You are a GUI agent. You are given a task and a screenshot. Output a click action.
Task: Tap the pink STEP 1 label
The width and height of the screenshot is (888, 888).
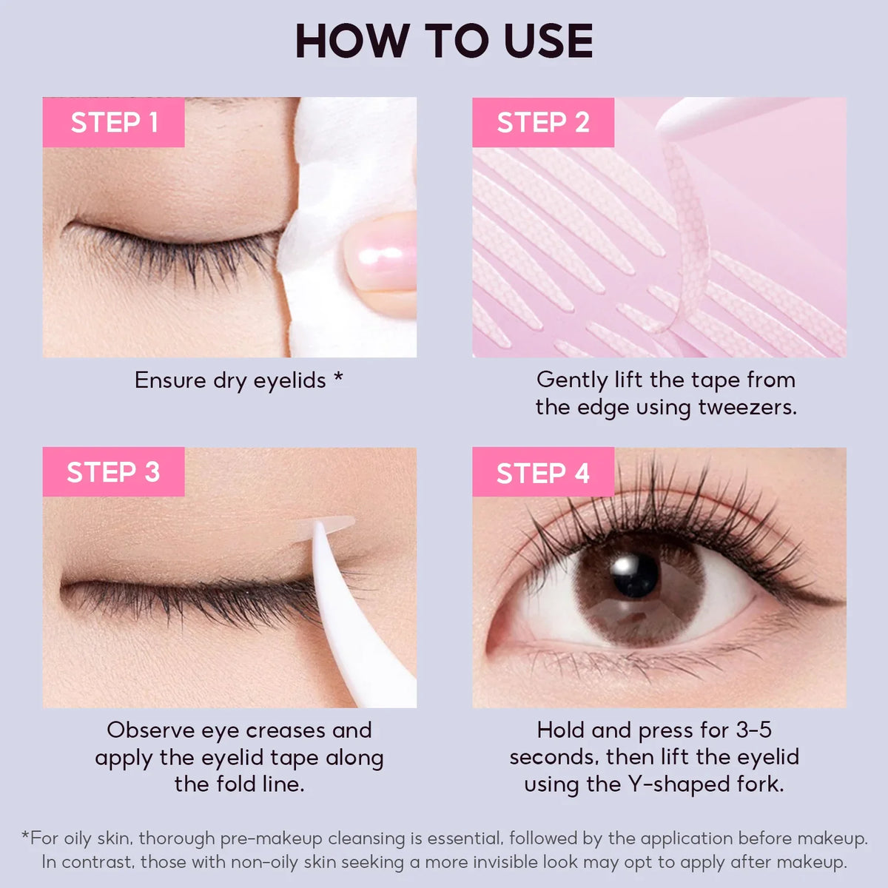point(114,122)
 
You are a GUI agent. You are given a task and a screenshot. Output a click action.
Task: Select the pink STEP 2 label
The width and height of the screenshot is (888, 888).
point(542,122)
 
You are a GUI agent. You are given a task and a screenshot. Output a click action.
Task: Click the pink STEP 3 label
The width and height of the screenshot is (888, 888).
point(113,472)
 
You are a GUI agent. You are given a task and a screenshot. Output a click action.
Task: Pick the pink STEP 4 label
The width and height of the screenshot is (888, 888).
point(542,472)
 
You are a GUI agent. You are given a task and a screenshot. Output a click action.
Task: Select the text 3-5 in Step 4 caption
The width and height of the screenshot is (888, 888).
point(753,730)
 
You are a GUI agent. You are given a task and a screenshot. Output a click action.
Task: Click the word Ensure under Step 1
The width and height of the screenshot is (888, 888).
point(171,380)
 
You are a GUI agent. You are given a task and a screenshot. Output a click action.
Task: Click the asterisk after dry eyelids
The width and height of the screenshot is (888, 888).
point(338,377)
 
